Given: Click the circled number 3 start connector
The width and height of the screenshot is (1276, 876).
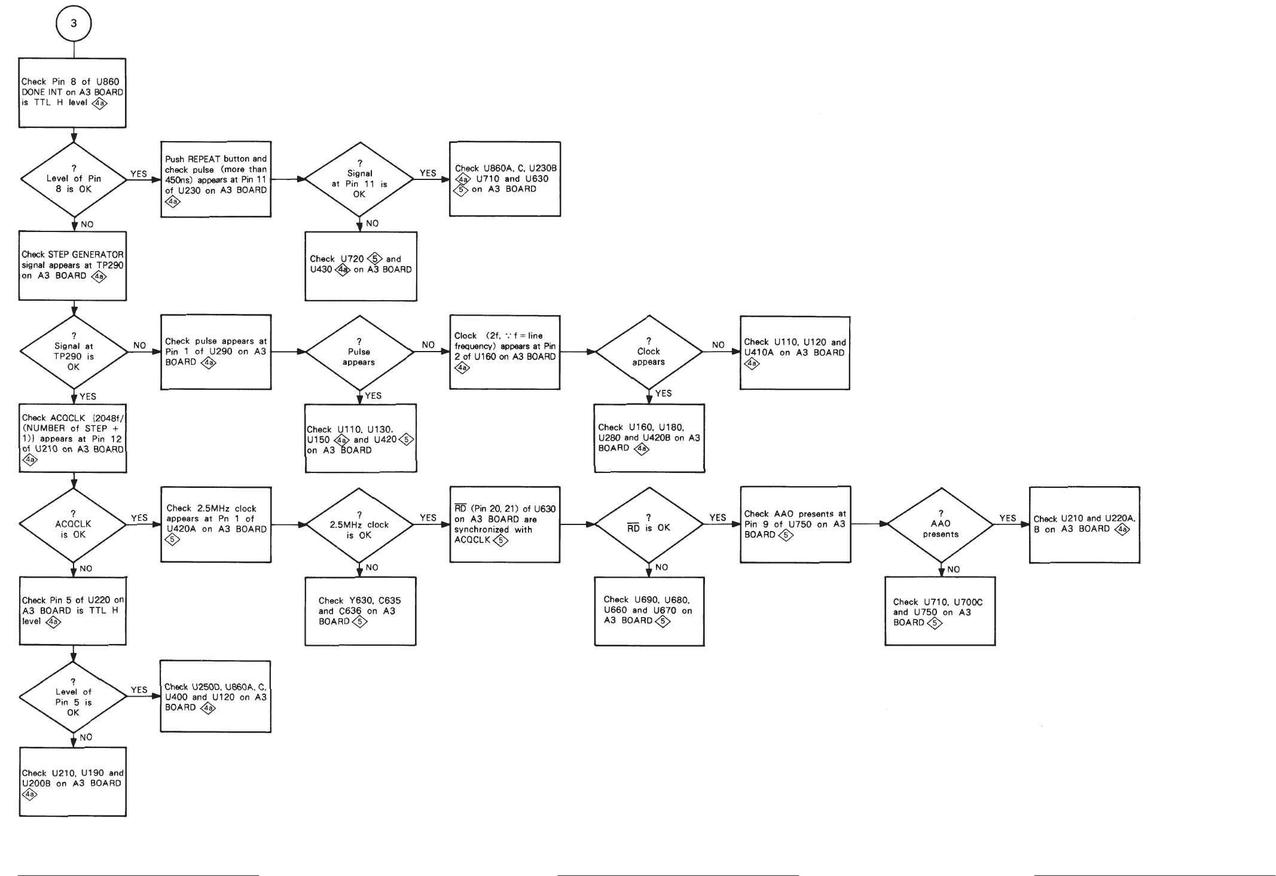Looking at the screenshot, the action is [x=73, y=24].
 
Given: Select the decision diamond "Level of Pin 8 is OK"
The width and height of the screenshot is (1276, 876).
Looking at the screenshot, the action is [x=74, y=179].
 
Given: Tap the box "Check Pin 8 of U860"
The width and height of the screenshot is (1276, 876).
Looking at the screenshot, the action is [x=72, y=93].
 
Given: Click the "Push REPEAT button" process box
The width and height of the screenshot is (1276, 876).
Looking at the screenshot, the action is [x=216, y=179].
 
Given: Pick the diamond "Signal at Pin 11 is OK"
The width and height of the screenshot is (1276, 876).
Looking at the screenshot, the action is [x=359, y=179].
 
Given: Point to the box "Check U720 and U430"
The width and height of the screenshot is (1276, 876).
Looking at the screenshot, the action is [x=361, y=266].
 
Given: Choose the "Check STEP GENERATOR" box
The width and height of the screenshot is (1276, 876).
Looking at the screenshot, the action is [x=72, y=265].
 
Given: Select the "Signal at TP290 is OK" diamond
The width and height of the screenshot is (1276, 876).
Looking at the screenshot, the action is [x=74, y=352].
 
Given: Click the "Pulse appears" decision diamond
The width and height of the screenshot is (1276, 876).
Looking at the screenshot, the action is [x=359, y=352].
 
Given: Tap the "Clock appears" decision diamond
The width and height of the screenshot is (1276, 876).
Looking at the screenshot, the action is [x=649, y=352].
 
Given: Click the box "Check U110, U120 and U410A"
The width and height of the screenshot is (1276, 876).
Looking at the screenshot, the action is [x=795, y=353].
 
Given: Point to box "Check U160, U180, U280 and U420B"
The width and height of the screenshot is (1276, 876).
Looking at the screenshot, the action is [x=649, y=438].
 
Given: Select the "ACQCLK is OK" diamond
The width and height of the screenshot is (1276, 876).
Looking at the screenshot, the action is [x=73, y=524].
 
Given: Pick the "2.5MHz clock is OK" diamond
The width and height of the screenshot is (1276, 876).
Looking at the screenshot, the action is [x=359, y=524].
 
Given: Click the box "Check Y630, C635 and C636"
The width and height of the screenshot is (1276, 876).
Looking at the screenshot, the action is [x=360, y=611].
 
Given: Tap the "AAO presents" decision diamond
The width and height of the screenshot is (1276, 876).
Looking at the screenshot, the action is [x=941, y=524].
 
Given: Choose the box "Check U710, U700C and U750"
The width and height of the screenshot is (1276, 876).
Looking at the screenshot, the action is [x=940, y=611].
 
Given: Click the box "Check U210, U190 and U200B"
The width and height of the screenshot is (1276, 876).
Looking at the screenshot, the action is [x=73, y=782].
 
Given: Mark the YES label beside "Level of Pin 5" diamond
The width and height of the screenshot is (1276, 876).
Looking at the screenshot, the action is [x=139, y=690].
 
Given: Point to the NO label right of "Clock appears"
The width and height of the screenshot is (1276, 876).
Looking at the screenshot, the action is [x=718, y=345].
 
